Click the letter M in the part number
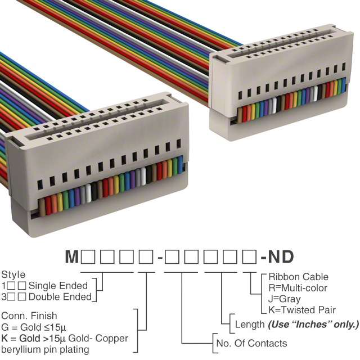pos(72,256)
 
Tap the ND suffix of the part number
pos(281,256)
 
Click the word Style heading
pos(13,275)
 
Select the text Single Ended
pos(58,286)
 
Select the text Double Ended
pos(60,297)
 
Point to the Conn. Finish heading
pos(29,316)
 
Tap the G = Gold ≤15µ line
pos(34,327)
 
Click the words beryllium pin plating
pos(45,350)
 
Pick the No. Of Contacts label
pos(251,343)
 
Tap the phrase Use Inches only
pos(313,325)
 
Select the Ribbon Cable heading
pos(299,277)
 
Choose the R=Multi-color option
pos(298,288)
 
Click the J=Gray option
pos(285,299)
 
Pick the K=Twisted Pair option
pos(302,310)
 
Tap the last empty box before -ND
pos(249,257)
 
